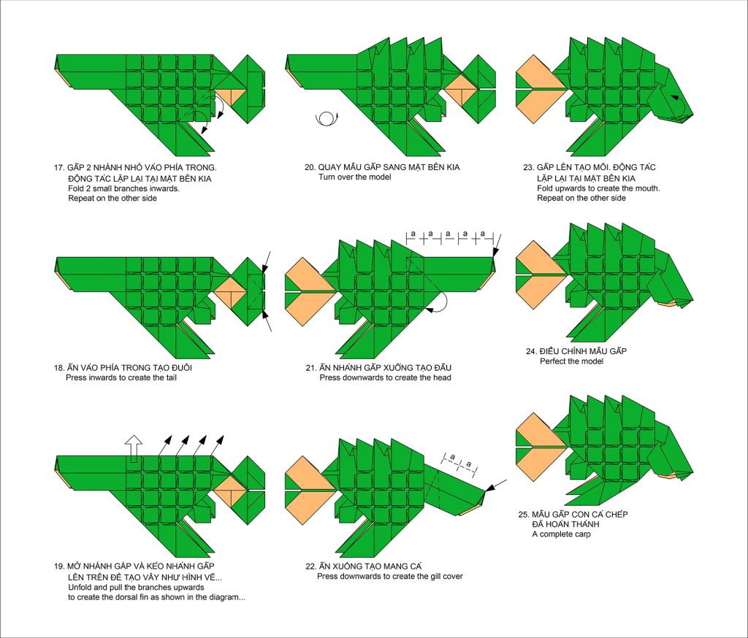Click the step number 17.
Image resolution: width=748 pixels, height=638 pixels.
(x=58, y=168)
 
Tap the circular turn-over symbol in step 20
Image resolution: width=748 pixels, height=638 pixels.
(x=327, y=118)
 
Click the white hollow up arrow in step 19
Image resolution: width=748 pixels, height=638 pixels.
(x=134, y=449)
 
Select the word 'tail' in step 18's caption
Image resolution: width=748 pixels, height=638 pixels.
(x=169, y=377)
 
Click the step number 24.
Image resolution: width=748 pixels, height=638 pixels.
(x=532, y=351)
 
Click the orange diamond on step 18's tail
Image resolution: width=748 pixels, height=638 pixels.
(x=230, y=291)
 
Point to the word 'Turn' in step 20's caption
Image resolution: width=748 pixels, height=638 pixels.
(x=327, y=177)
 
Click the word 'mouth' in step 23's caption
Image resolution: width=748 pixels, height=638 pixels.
(x=647, y=188)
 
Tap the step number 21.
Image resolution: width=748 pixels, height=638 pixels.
(x=310, y=368)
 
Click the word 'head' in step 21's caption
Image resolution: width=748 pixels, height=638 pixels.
(x=442, y=377)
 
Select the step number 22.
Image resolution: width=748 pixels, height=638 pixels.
(x=310, y=566)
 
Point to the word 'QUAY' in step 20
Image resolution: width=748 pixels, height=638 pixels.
(x=330, y=167)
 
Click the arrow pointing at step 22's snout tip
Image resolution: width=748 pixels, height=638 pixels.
(x=496, y=485)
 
